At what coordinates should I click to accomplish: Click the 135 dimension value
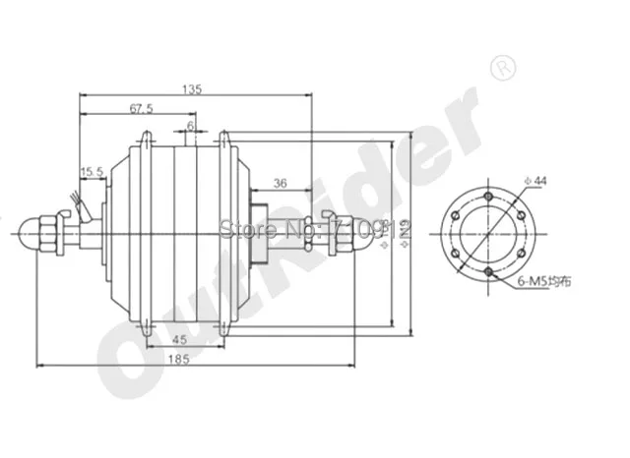pyautogui.click(x=193, y=89)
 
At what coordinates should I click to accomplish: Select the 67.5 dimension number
pyautogui.click(x=141, y=108)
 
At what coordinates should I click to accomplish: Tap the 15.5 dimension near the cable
pyautogui.click(x=93, y=172)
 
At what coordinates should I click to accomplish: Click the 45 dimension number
pyautogui.click(x=179, y=339)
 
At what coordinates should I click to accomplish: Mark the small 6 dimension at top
pyautogui.click(x=190, y=126)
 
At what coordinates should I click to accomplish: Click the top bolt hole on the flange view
pyautogui.click(x=487, y=197)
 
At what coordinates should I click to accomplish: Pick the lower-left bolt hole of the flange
pyautogui.click(x=456, y=252)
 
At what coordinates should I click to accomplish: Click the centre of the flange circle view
pyautogui.click(x=487, y=233)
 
